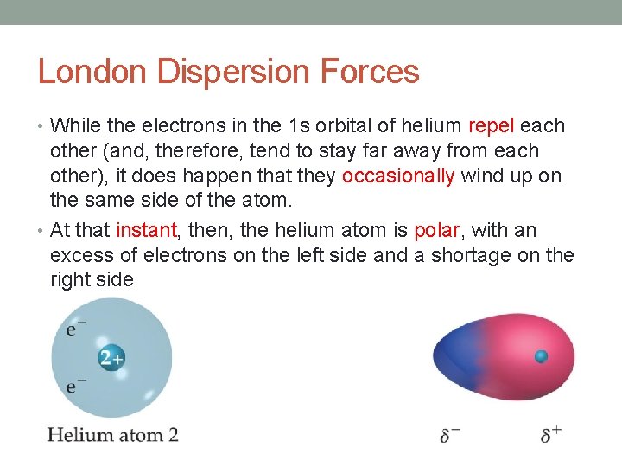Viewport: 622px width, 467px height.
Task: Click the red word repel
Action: [492, 126]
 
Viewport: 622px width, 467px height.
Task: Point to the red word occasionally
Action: [398, 176]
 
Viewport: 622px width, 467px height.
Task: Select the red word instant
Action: [144, 231]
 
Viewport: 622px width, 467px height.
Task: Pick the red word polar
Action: [438, 231]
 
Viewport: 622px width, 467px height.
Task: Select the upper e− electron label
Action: [76, 329]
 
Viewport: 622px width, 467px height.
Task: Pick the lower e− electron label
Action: [76, 387]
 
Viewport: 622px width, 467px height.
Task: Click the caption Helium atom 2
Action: [112, 434]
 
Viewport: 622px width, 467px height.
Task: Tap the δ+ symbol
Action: [550, 434]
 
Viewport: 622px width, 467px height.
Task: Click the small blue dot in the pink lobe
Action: [542, 356]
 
